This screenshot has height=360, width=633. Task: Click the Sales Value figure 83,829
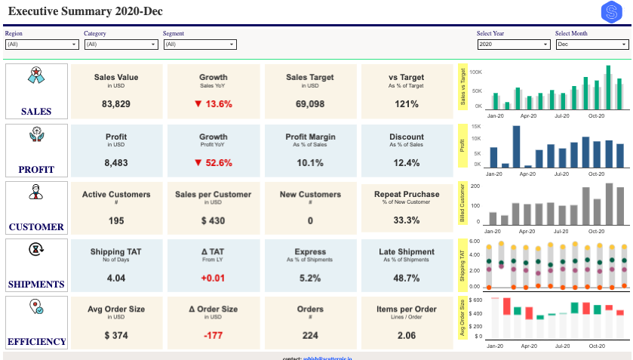(116, 104)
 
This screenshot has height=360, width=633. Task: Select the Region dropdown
(41, 45)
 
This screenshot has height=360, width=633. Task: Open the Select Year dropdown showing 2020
(513, 45)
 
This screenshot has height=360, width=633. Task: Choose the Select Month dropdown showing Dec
(592, 45)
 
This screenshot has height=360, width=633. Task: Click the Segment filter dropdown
(199, 45)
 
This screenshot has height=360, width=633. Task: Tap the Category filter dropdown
(121, 45)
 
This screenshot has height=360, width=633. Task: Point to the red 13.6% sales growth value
(214, 104)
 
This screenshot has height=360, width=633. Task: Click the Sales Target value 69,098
(310, 104)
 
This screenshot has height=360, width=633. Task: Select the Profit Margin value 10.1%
(310, 162)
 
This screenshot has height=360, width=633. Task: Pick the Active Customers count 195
(116, 220)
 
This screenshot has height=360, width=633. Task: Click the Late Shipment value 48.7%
(407, 278)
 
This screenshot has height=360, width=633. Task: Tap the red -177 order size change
(214, 335)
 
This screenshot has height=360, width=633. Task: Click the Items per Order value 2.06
(407, 335)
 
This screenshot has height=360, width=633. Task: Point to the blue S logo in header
(611, 12)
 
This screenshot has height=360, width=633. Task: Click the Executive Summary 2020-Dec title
(85, 12)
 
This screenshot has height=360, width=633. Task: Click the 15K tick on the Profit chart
(475, 127)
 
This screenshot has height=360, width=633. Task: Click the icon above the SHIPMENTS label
(35, 250)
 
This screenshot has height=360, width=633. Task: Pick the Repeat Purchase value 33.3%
(407, 220)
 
